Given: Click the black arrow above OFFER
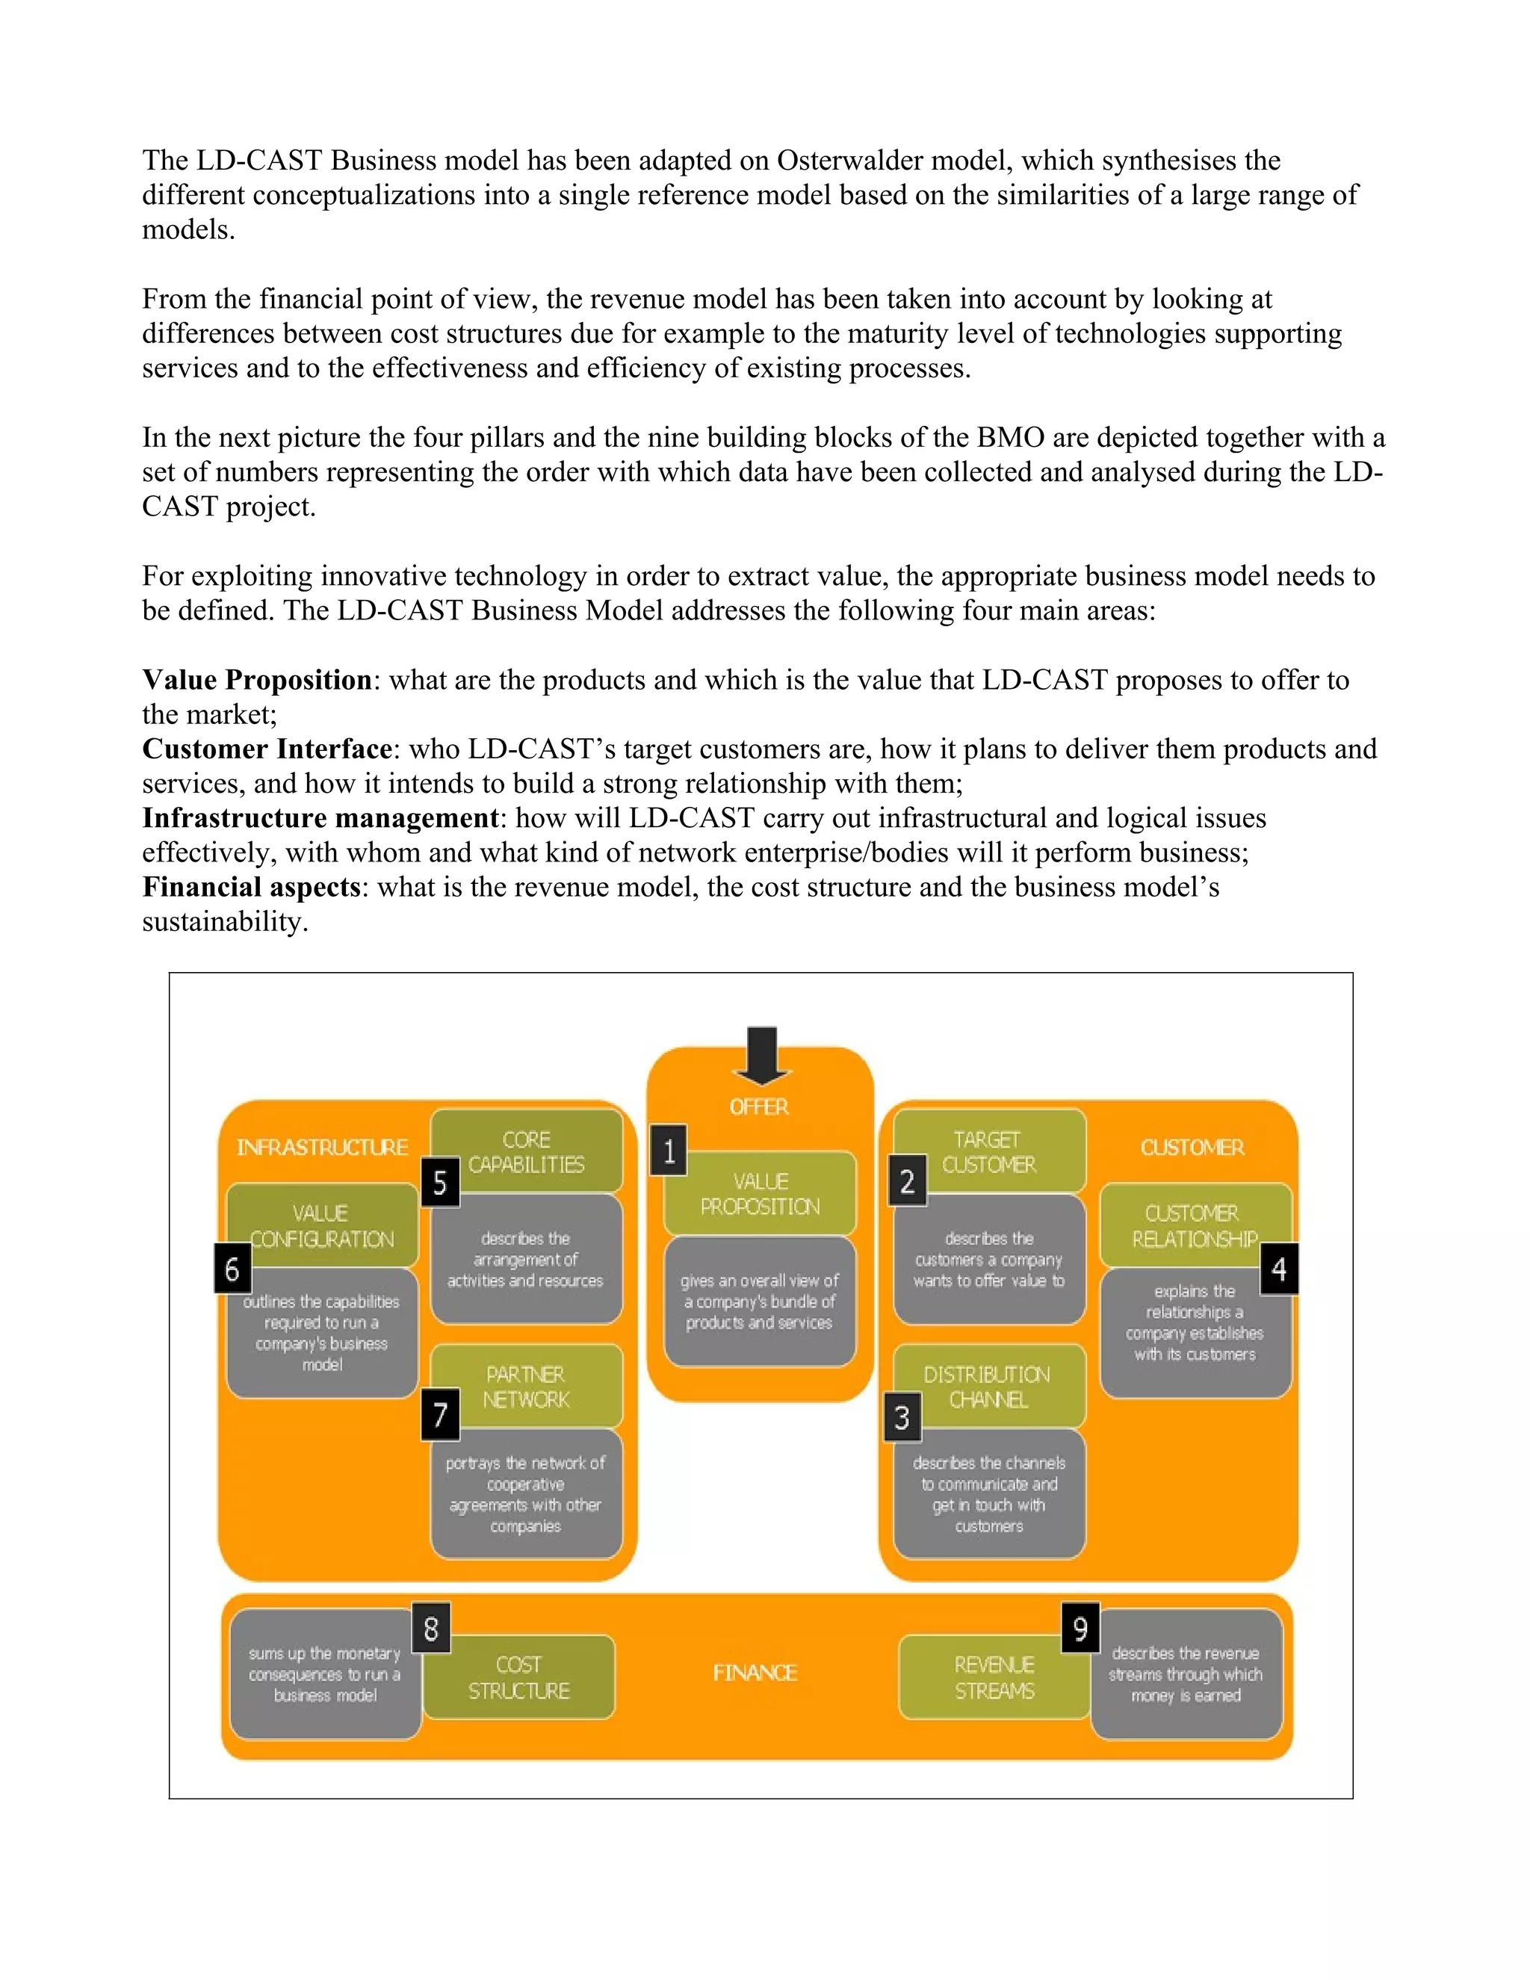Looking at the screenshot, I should (761, 1055).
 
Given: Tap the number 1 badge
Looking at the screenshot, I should (669, 1151).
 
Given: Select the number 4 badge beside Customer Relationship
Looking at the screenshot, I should (1278, 1269).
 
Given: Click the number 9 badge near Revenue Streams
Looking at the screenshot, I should (1080, 1628).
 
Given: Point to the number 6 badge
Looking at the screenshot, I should (232, 1269).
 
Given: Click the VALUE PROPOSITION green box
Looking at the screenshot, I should (760, 1193).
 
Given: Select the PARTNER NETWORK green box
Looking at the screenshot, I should (526, 1386).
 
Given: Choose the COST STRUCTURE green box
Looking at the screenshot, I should (518, 1677).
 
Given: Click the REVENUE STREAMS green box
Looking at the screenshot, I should (994, 1677).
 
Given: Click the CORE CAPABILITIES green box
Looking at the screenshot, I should (526, 1151).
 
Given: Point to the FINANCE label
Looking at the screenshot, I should (754, 1673).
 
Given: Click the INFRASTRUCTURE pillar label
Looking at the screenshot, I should (322, 1147).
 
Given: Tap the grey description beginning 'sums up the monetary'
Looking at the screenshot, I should (324, 1674).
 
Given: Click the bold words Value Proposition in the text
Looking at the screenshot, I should (256, 680).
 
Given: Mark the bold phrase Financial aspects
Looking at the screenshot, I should (251, 887).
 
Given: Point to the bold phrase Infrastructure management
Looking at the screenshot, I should (320, 817).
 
